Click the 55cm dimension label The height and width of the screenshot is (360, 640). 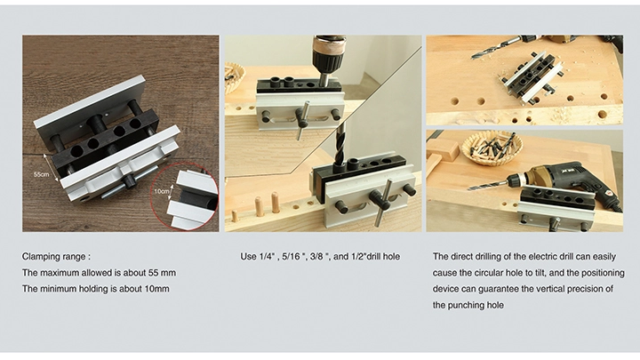41,174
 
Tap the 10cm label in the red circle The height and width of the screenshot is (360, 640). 161,191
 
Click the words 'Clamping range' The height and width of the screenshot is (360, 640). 54,257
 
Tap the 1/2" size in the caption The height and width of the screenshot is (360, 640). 359,257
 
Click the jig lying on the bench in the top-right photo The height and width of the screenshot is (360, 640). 532,76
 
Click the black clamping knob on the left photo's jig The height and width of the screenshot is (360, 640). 130,181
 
